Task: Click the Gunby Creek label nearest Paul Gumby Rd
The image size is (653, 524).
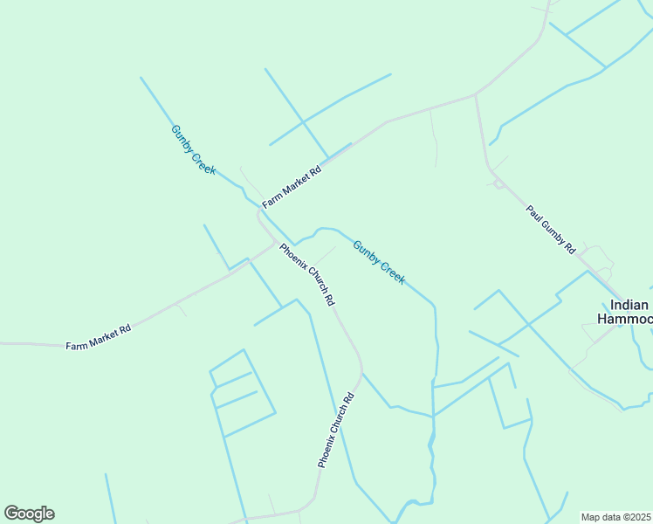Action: coord(379,262)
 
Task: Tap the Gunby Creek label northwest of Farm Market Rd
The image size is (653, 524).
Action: coord(193,149)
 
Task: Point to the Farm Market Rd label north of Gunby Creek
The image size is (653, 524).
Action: coord(292,186)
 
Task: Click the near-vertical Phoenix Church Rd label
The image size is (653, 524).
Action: coord(336,431)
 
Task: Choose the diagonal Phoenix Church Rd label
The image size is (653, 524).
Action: coord(306,273)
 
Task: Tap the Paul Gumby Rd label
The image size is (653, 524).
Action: coord(550,229)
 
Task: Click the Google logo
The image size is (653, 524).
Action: coord(29,514)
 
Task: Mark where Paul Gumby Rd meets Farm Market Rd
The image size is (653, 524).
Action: coord(475,93)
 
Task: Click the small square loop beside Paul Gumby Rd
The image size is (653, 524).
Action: coord(498,184)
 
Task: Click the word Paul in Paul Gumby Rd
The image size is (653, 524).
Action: coord(533,212)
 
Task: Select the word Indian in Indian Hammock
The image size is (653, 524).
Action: coord(629,305)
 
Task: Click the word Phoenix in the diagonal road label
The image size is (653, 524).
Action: coord(292,258)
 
